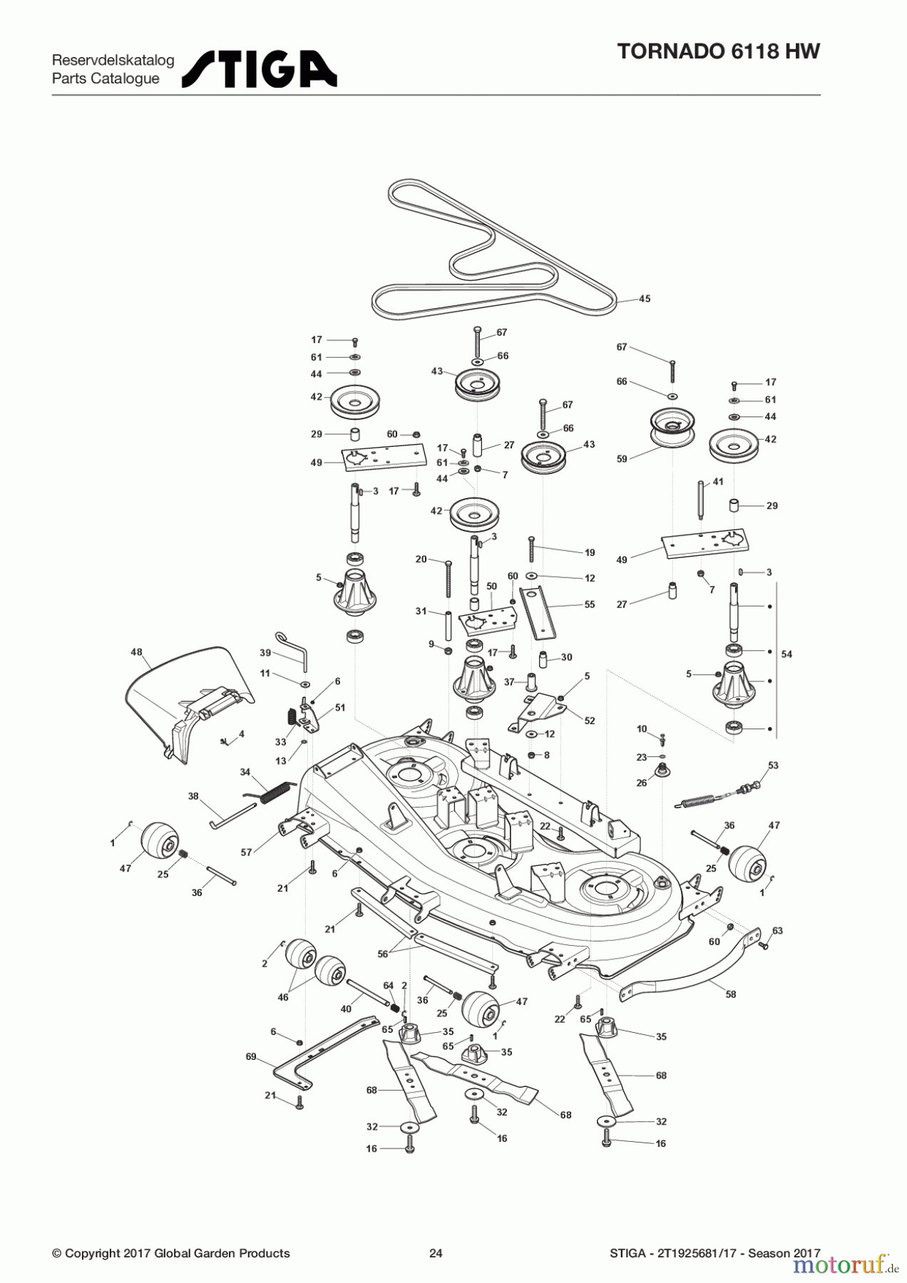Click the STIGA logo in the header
click(259, 69)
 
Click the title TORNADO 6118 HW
click(718, 51)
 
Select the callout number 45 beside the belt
click(644, 299)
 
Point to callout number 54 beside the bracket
click(786, 654)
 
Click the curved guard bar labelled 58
click(685, 977)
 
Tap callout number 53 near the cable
click(773, 766)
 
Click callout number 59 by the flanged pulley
click(622, 459)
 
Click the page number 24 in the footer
click(436, 1253)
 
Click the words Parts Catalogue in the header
click(106, 78)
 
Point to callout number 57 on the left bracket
click(247, 852)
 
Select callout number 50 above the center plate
click(491, 586)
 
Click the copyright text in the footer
click(171, 1253)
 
